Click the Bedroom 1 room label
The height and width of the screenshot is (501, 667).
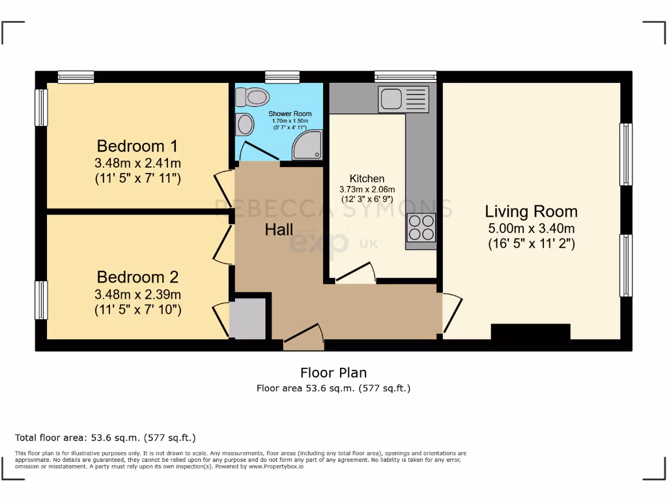[137, 145]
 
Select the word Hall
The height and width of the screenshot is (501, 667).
[279, 230]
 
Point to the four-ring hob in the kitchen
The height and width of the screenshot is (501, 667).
[421, 228]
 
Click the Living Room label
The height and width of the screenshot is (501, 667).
[531, 211]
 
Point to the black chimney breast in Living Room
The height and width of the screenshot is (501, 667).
[530, 331]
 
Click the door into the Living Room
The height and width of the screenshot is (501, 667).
[451, 312]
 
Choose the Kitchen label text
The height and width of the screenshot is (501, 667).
[367, 178]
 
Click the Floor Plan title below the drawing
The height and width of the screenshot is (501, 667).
[333, 372]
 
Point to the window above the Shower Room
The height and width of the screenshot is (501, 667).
[282, 77]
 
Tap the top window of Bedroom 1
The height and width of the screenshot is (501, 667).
[76, 77]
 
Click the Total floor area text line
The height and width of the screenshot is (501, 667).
[105, 438]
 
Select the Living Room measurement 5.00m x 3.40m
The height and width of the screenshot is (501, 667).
[531, 228]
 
